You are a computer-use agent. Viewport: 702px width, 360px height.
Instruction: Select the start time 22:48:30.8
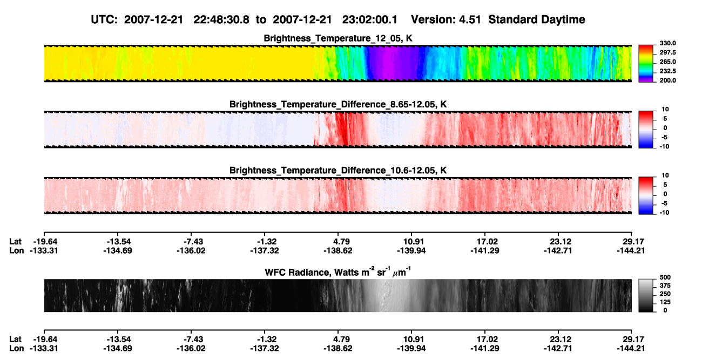[221, 20]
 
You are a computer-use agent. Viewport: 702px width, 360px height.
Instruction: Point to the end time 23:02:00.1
[370, 20]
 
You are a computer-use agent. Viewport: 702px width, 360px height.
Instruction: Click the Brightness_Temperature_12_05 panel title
[338, 38]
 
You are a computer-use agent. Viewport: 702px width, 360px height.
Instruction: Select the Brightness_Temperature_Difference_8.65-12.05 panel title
[338, 104]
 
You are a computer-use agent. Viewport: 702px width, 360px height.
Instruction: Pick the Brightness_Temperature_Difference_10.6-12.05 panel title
[338, 171]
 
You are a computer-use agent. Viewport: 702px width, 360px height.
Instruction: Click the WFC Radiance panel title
[338, 272]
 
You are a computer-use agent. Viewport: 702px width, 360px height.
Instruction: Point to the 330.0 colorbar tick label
[667, 43]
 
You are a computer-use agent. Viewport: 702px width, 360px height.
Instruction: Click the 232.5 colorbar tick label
[667, 71]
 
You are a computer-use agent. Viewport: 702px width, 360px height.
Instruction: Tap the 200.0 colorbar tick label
[667, 80]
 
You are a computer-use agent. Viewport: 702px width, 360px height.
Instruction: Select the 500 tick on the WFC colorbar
[665, 277]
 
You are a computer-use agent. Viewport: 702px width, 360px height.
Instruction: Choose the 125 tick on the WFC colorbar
[665, 302]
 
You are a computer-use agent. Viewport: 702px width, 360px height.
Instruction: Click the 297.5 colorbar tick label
[667, 52]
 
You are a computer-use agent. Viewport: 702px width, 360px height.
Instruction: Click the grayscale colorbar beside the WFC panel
[646, 295]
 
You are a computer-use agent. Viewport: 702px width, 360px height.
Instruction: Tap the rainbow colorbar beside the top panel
[646, 64]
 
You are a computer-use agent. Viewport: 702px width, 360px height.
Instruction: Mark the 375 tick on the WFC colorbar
[665, 286]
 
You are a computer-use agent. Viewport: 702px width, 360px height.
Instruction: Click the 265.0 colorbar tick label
[667, 62]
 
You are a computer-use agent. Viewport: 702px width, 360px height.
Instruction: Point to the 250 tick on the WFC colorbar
[665, 294]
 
